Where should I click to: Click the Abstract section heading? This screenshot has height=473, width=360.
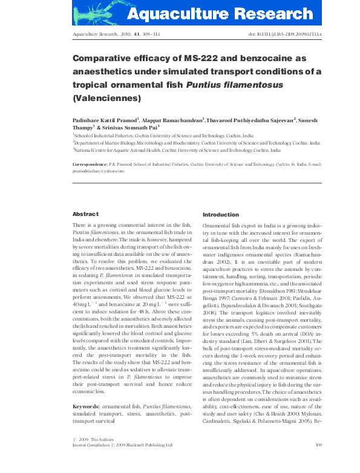[85, 214]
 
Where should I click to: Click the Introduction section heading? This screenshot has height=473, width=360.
[221, 214]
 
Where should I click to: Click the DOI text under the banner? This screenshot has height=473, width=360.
[285, 36]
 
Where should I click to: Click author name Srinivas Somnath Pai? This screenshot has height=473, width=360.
[130, 128]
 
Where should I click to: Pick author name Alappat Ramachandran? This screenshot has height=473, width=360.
[176, 120]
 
